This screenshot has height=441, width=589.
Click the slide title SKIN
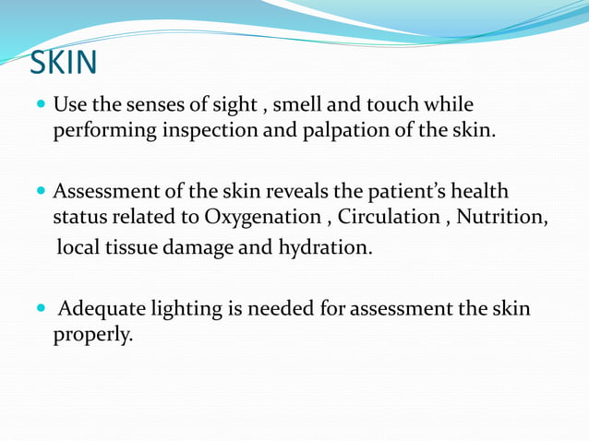pos(62,63)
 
